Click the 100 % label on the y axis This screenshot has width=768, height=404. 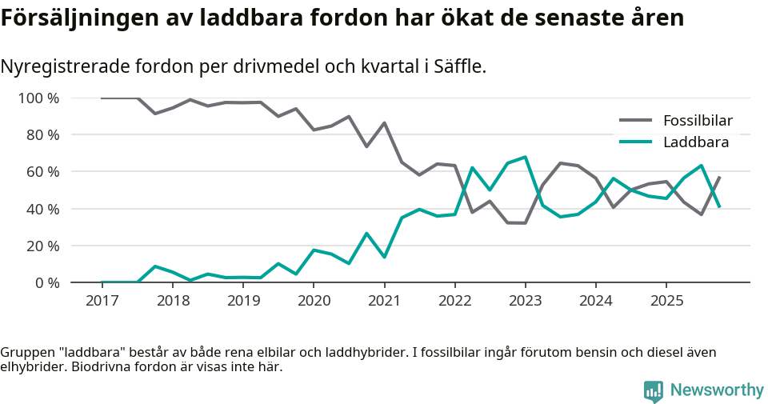(39, 98)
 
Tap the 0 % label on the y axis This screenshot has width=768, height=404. (47, 282)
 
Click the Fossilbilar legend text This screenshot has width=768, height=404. (698, 121)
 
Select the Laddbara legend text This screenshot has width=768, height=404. (695, 142)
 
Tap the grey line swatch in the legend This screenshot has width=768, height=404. (636, 121)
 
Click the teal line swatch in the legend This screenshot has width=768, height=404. (636, 142)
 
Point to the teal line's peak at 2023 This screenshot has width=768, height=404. (525, 157)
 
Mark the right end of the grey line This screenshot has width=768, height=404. (719, 177)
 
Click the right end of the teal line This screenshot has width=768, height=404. (719, 207)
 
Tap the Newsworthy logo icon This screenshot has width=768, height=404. (653, 390)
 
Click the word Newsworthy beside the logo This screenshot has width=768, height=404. (717, 390)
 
